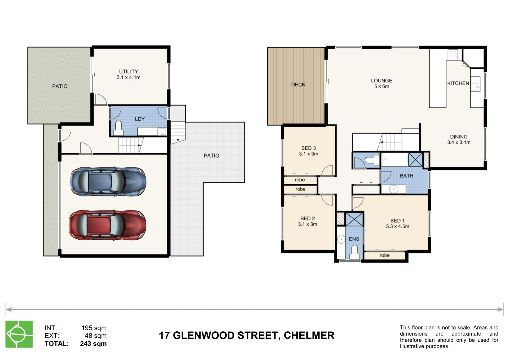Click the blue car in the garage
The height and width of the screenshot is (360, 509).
(108, 182)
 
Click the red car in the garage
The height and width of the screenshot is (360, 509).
(107, 225)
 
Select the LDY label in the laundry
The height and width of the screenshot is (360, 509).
(140, 119)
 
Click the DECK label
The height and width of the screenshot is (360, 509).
(298, 85)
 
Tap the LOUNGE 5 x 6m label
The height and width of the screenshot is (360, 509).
(381, 84)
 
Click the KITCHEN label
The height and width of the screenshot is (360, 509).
(458, 83)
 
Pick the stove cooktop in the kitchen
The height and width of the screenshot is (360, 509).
(453, 55)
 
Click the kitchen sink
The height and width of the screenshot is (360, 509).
(475, 84)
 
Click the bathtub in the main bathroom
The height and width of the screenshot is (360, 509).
(394, 159)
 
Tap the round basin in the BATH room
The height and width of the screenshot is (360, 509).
(394, 189)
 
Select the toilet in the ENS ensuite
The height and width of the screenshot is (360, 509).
(354, 252)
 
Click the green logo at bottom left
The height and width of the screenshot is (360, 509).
(19, 334)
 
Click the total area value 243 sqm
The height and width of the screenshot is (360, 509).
(93, 344)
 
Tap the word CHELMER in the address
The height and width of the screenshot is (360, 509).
(309, 335)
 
